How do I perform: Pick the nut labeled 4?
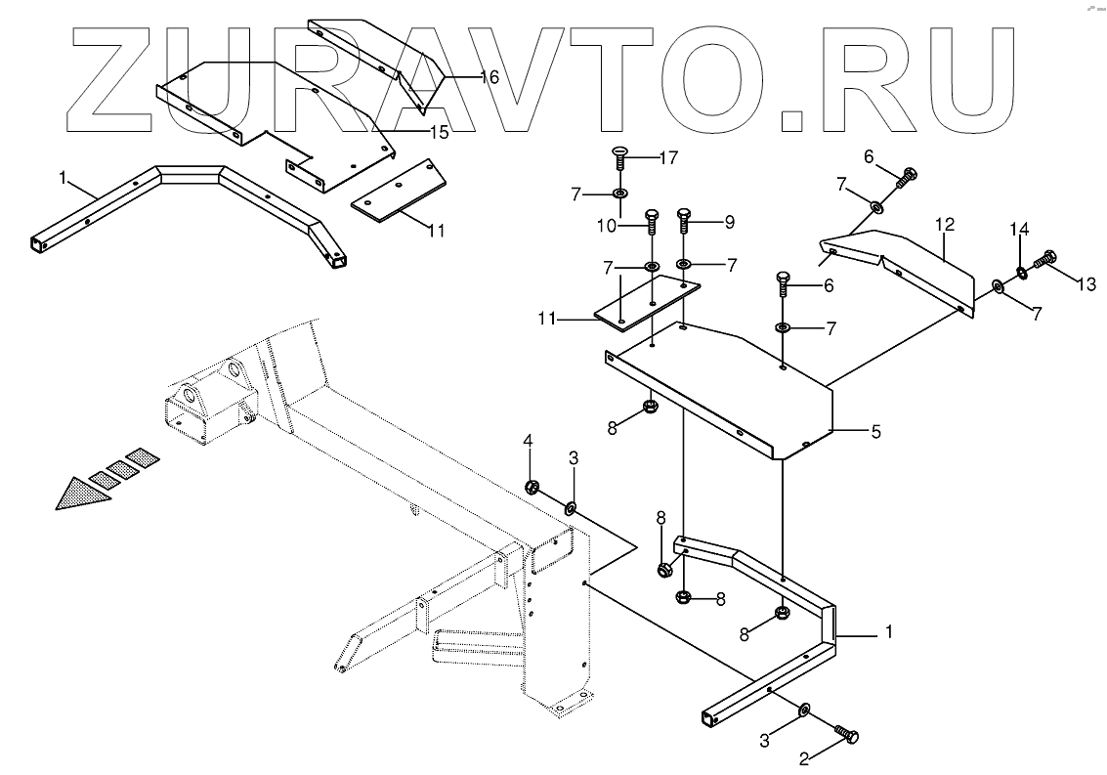[x=533, y=486]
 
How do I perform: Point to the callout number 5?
[x=876, y=430]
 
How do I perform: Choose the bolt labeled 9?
[x=684, y=222]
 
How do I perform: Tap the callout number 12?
[x=944, y=225]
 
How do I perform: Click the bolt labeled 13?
[x=1043, y=259]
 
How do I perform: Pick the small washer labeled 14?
[x=1021, y=271]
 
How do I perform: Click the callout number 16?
[x=489, y=76]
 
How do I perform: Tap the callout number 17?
[x=667, y=156]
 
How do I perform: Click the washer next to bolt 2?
[x=803, y=708]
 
